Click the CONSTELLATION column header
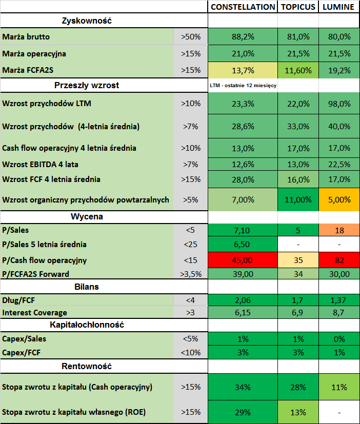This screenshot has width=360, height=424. pyautogui.click(x=243, y=7)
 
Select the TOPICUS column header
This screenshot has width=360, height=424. pyautogui.click(x=298, y=7)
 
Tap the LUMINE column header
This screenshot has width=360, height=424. pyautogui.click(x=338, y=7)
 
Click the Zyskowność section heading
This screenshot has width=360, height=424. pyautogui.click(x=87, y=21)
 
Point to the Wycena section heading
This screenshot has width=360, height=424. pyautogui.click(x=87, y=216)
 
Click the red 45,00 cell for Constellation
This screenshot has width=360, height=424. pyautogui.click(x=243, y=260)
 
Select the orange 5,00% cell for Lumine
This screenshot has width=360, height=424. pyautogui.click(x=339, y=200)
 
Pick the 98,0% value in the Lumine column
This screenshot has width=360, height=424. pyautogui.click(x=339, y=104)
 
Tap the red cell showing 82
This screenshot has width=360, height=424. pyautogui.click(x=339, y=260)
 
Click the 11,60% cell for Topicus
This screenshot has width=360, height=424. pyautogui.click(x=298, y=70)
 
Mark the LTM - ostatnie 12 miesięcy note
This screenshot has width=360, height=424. pyautogui.click(x=243, y=85)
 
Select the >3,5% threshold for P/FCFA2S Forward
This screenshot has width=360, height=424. pyautogui.click(x=191, y=274)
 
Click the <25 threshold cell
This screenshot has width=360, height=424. pyautogui.click(x=191, y=245)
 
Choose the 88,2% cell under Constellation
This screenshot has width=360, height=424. pyautogui.click(x=243, y=37)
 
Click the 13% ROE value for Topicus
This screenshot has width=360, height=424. pyautogui.click(x=298, y=412)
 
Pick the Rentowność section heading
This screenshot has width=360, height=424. pyautogui.click(x=87, y=366)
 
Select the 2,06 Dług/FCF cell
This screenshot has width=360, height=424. pyautogui.click(x=243, y=299)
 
